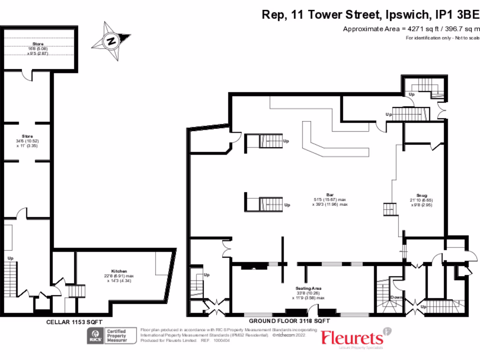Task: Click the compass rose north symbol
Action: (x=111, y=41)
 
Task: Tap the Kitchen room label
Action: (x=117, y=271)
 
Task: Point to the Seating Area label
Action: (x=307, y=288)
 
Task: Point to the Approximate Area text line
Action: (x=411, y=29)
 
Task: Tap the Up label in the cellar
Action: (x=10, y=258)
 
